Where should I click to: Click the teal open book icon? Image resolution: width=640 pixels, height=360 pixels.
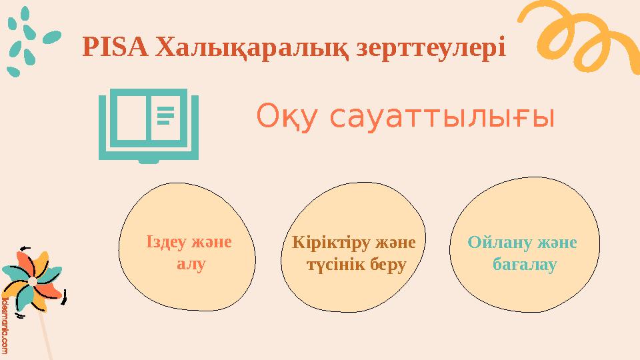[x=148, y=127]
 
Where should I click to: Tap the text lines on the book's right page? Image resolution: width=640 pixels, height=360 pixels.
[x=165, y=114]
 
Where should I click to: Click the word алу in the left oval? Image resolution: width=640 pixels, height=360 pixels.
[x=190, y=263]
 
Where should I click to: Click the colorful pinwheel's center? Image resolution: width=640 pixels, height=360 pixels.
[x=32, y=282]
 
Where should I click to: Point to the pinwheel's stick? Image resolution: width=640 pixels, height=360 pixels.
[x=47, y=333]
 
